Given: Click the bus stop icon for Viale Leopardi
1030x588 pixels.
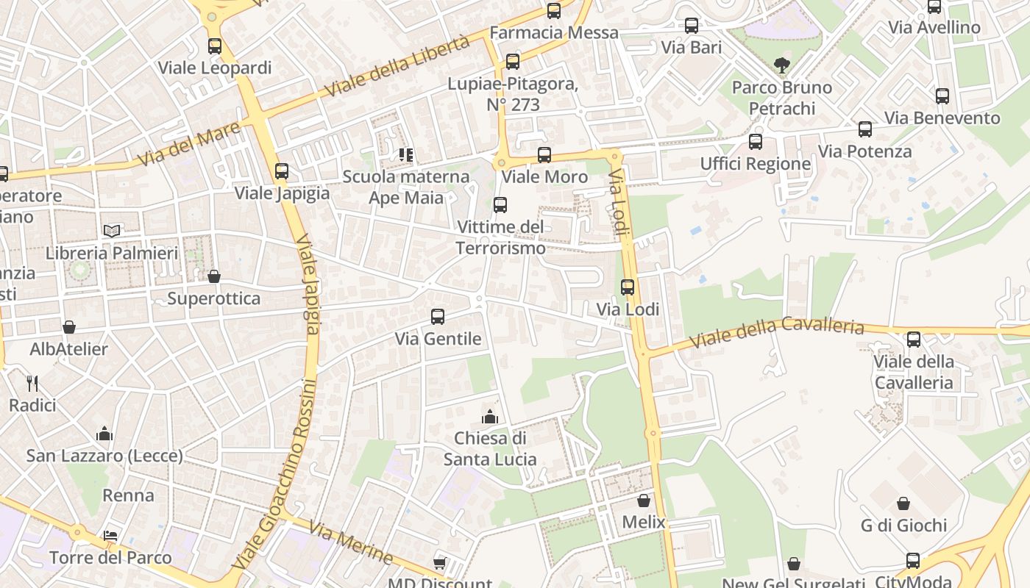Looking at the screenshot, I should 214,46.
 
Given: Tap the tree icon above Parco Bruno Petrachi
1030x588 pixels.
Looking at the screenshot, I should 782,66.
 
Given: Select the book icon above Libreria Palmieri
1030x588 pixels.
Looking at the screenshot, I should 112,232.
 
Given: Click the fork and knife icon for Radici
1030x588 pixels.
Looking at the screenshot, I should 32,383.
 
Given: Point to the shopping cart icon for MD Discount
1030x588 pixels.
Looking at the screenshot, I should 439,564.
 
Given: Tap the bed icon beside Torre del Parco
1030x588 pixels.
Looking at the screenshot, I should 110,535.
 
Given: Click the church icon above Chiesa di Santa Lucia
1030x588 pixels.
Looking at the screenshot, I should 490,417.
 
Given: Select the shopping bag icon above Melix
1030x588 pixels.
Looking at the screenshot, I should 644,501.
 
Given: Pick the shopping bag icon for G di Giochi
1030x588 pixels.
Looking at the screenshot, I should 903,503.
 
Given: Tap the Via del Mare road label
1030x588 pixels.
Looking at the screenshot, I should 189,143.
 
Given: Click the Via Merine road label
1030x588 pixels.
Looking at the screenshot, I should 350,542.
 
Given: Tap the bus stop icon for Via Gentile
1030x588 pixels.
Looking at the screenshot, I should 438,317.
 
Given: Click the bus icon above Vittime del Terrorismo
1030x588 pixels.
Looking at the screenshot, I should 500,205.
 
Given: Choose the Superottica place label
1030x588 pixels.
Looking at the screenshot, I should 213,298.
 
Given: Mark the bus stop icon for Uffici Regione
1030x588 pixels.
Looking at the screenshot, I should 756,142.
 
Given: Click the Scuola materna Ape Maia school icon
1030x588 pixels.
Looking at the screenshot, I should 406,155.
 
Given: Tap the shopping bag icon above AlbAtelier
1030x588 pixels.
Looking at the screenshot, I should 69,327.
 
